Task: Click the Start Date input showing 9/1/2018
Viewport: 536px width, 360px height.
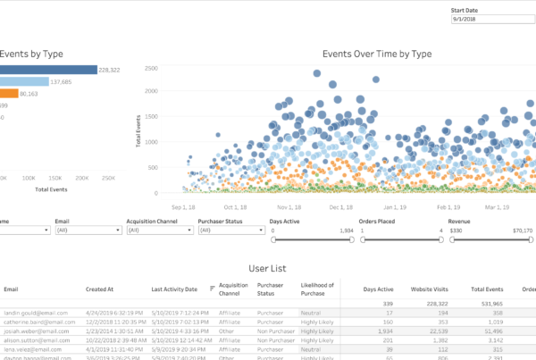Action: (x=487, y=19)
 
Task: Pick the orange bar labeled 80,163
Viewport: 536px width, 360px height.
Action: (x=9, y=93)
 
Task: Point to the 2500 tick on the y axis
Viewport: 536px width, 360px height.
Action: (x=151, y=68)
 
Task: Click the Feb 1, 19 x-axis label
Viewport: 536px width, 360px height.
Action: (x=448, y=205)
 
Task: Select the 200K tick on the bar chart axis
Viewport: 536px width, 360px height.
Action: (x=82, y=179)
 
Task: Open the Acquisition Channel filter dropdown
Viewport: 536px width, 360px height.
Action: (x=160, y=230)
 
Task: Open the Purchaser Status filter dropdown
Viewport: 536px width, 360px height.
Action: (x=230, y=230)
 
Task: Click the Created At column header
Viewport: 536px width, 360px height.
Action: (x=100, y=289)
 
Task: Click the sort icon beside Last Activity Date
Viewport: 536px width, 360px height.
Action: (x=211, y=289)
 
